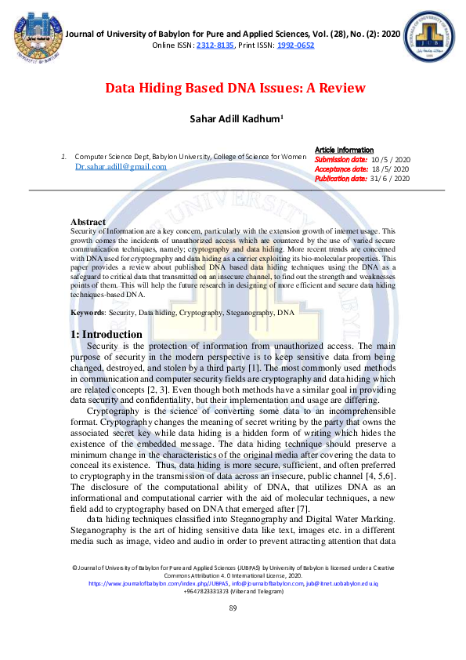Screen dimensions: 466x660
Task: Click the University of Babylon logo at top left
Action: click(x=31, y=35)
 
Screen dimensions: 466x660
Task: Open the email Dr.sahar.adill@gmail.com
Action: click(x=121, y=166)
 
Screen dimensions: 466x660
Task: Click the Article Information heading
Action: click(x=344, y=150)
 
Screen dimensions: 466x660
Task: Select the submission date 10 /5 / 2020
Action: click(x=391, y=159)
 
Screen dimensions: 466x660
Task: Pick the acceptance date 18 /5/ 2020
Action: click(x=390, y=169)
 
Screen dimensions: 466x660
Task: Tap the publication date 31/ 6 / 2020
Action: click(x=390, y=178)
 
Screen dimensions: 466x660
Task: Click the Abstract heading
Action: click(x=88, y=222)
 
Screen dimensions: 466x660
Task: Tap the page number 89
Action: click(x=233, y=630)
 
